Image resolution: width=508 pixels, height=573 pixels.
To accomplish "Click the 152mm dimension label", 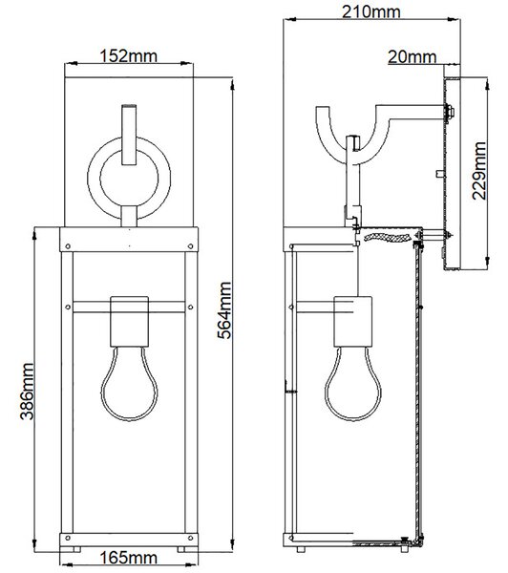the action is pos(129,56).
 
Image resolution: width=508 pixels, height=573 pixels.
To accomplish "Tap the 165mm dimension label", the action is pos(129,558).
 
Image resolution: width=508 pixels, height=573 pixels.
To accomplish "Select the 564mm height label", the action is pos(224,310).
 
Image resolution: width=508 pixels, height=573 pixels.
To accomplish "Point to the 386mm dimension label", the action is pos(28,392).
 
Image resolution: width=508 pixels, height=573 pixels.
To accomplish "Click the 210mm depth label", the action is pos(371,11).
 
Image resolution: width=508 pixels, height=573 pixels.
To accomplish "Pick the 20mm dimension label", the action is pos(413,57).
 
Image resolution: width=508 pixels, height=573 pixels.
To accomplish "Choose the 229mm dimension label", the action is pos(479,171).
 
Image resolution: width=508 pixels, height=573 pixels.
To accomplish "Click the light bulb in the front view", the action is pos(129,384).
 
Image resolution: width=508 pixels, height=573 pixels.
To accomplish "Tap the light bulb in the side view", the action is pos(352,384).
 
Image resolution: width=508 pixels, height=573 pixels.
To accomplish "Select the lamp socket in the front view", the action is pos(129,322).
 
